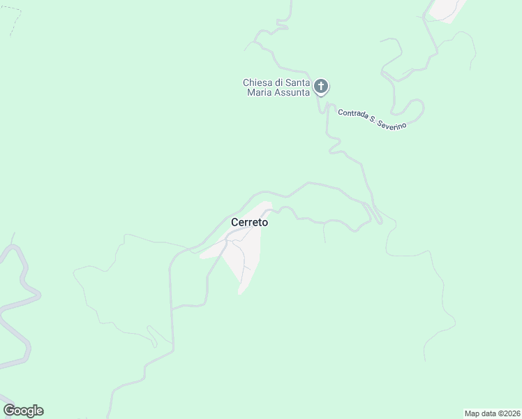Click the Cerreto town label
[x=249, y=222]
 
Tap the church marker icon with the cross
[x=321, y=87]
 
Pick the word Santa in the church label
[x=299, y=82]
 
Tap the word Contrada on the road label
[x=355, y=115]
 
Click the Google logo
[x=23, y=411]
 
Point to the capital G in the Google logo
[x=8, y=411]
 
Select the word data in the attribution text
[x=489, y=413]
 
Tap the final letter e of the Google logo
[x=39, y=411]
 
